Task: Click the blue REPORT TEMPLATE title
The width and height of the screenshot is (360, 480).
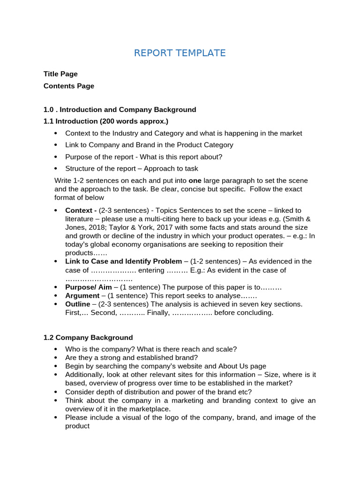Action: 180,53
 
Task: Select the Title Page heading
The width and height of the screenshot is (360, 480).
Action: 60,74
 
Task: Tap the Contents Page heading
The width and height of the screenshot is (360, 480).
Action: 69,86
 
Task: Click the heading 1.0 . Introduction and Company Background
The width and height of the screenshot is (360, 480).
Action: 120,110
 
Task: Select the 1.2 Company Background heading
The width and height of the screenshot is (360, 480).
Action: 88,337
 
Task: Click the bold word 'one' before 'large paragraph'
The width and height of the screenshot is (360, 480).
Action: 194,180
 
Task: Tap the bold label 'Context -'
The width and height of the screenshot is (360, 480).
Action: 81,210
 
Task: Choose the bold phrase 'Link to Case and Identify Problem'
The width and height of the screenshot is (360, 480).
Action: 123,261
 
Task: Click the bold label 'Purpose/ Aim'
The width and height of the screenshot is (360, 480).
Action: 89,287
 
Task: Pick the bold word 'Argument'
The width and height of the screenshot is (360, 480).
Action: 82,296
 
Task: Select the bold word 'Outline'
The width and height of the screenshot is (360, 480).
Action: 78,304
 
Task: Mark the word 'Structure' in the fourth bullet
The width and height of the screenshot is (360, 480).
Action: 81,169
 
